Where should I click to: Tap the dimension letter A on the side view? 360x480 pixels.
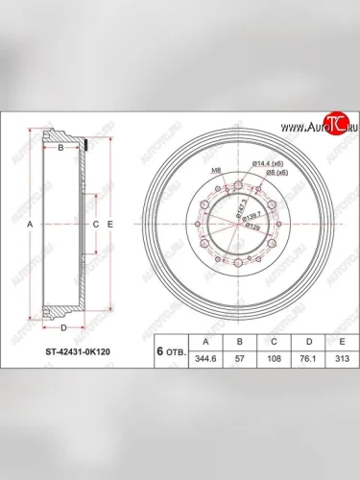coord(30,224)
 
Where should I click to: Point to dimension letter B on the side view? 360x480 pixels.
coord(61,149)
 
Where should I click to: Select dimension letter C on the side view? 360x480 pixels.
coord(96,224)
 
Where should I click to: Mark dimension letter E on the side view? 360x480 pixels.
coord(111,224)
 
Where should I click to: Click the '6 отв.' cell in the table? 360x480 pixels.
coord(170,352)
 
